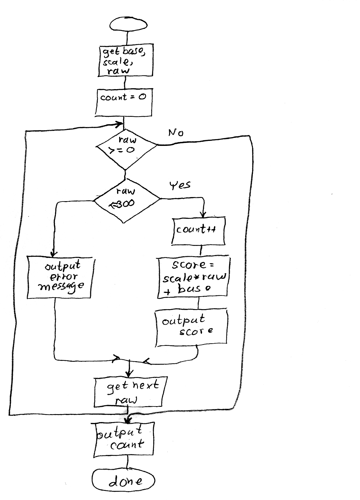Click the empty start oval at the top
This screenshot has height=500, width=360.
128,24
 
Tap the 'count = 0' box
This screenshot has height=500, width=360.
124,102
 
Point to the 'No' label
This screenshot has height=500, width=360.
176,133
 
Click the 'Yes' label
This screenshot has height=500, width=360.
180,185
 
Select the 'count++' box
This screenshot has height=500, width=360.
198,231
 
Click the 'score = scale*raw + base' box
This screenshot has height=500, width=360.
193,278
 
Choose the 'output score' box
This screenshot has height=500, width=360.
192,327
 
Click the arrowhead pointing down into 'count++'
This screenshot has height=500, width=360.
203,215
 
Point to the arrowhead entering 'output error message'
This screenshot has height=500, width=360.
54,253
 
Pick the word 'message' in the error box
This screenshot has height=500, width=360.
61,286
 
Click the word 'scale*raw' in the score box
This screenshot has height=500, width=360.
194,278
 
